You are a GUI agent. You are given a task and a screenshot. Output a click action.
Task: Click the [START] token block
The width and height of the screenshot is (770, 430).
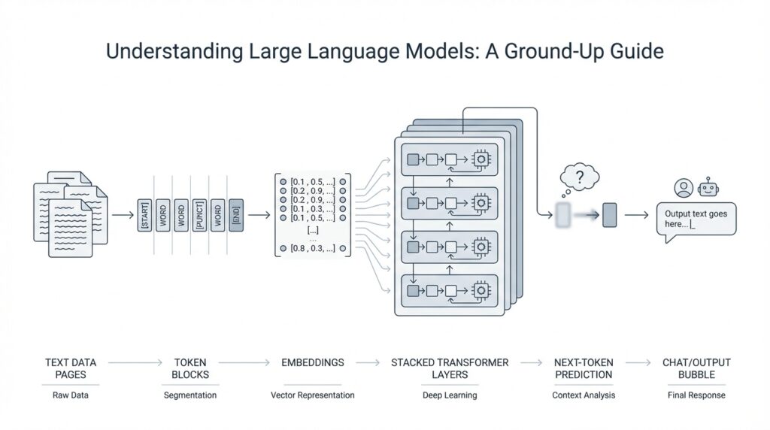click(144, 216)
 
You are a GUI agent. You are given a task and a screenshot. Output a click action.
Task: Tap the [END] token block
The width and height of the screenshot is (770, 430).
click(235, 216)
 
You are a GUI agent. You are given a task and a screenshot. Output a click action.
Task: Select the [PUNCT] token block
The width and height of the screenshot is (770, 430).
click(199, 216)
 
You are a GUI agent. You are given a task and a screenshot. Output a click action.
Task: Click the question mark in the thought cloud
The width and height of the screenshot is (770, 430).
click(579, 178)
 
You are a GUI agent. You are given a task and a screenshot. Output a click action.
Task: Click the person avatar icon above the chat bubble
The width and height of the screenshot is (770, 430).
click(684, 188)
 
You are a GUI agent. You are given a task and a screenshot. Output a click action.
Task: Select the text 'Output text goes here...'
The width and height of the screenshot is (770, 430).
click(696, 219)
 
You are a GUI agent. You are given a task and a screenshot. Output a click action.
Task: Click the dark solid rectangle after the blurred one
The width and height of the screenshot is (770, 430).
click(610, 216)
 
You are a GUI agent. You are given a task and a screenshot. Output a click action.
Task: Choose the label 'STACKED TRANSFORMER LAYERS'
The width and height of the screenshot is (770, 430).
click(450, 368)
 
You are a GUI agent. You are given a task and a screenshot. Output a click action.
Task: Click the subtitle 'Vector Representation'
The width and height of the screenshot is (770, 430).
click(313, 395)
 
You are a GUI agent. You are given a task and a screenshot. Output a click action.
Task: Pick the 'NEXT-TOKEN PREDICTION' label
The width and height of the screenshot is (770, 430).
click(583, 368)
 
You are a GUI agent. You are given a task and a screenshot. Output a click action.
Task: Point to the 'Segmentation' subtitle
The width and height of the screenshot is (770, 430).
click(190, 395)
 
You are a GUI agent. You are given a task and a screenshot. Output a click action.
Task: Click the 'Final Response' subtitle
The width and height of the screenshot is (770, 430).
click(696, 395)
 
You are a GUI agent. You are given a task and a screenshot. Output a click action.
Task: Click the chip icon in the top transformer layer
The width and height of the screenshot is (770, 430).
click(479, 159)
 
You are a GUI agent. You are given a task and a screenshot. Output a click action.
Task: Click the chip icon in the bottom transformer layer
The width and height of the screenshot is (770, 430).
click(479, 289)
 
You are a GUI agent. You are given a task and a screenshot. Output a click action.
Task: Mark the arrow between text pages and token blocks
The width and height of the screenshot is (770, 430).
click(123, 216)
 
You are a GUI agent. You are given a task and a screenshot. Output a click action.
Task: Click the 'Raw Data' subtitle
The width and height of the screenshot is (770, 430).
click(71, 395)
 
